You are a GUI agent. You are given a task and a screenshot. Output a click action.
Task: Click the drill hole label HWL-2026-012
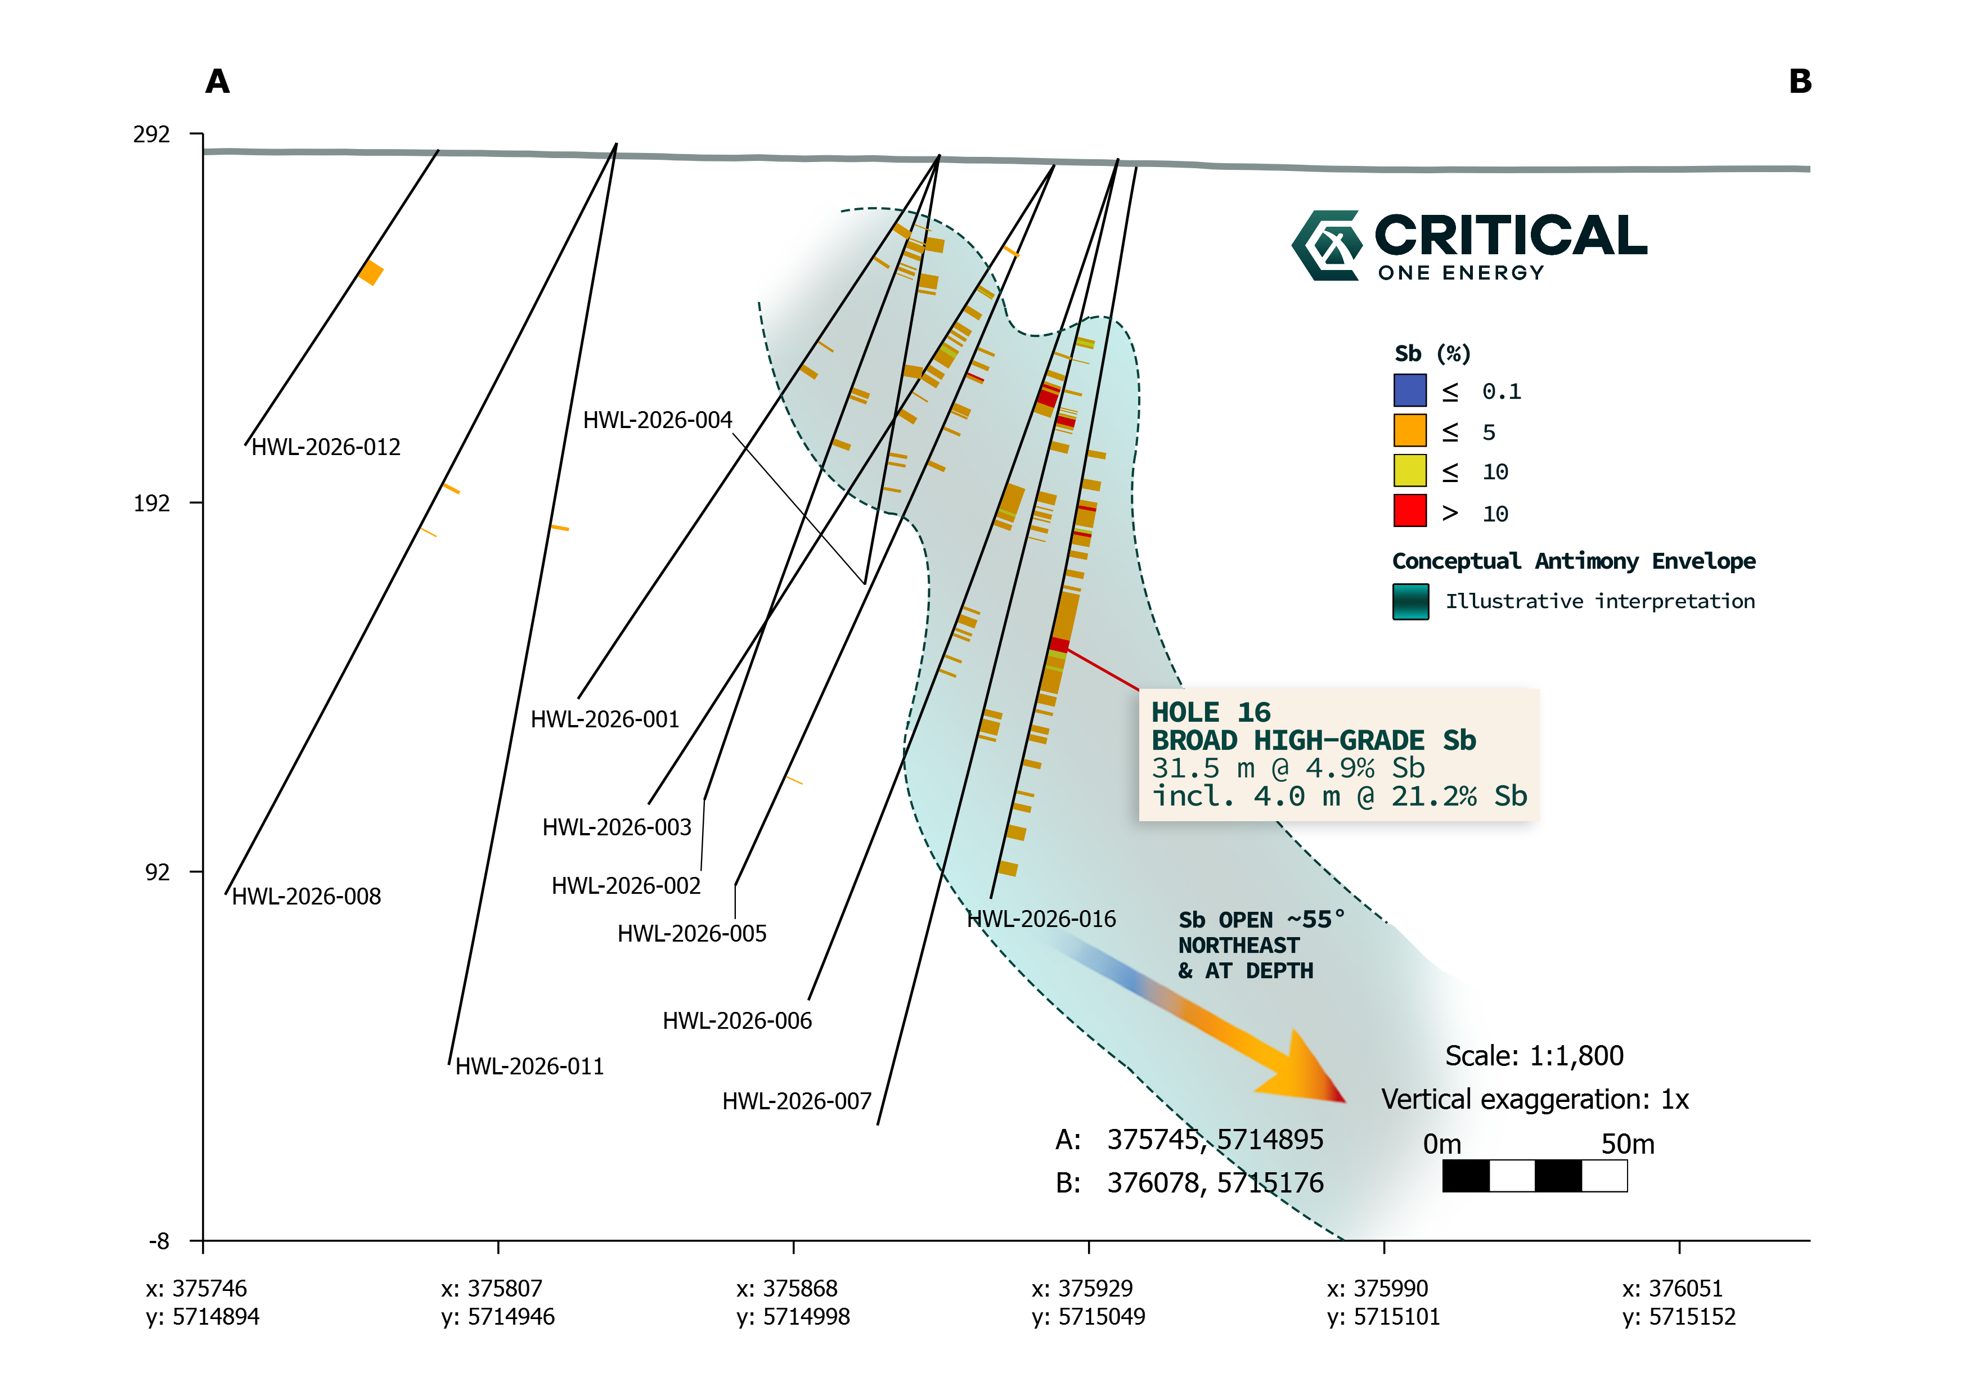(326, 448)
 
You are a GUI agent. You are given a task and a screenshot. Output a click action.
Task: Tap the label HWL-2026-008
(307, 897)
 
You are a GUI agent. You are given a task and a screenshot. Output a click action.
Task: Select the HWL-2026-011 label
(529, 1067)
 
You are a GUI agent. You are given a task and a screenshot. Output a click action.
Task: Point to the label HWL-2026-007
(797, 1101)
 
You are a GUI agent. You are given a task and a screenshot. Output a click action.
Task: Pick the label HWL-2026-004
(657, 420)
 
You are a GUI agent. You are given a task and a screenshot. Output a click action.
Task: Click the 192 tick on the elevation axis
(152, 503)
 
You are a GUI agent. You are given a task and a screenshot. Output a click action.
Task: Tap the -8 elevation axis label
(160, 1241)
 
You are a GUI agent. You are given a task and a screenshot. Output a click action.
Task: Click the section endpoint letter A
(217, 82)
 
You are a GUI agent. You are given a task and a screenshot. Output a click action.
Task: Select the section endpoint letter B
(1800, 82)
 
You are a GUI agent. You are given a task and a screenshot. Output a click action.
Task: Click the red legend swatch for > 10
(1410, 510)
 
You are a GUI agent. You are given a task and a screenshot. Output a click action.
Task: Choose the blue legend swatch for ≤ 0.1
(1410, 390)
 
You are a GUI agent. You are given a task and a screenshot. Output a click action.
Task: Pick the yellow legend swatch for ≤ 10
(1410, 470)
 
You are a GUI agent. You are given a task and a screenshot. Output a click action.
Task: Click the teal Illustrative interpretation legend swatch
(1410, 601)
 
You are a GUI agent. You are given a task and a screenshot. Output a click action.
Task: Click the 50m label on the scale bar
(1628, 1144)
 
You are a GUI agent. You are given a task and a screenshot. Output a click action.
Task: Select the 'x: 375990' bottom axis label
(1377, 1289)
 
